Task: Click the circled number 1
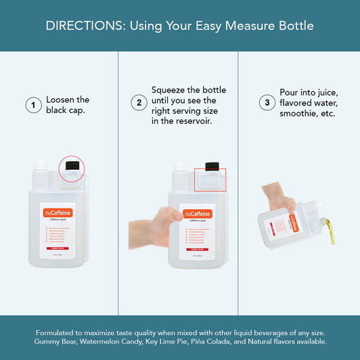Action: pos(31,105)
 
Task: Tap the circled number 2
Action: pos(139,104)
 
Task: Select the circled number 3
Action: pos(267,103)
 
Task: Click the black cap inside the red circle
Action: pos(72,166)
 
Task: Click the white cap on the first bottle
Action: pos(39,166)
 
